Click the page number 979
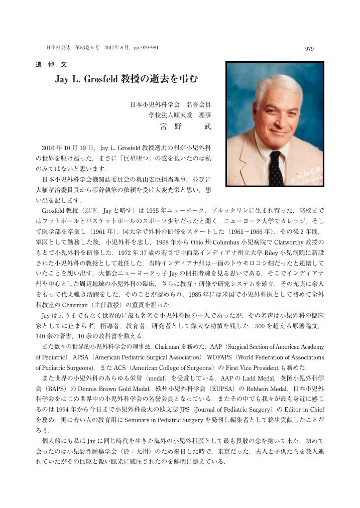click(309, 49)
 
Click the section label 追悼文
click(47, 65)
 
